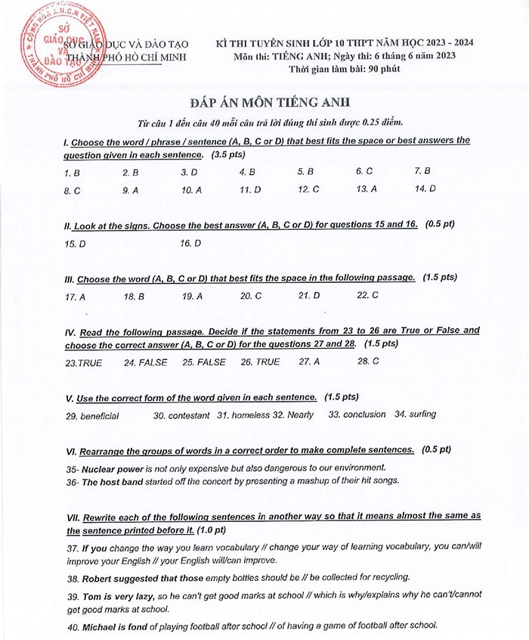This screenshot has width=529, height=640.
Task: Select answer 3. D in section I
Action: [x=189, y=172]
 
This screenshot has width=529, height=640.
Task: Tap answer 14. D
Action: [x=425, y=189]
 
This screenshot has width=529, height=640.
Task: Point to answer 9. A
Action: [x=131, y=191]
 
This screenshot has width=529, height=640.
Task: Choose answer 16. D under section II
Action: [x=190, y=244]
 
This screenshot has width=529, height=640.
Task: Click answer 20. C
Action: [x=251, y=296]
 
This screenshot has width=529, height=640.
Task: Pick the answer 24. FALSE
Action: [x=146, y=362]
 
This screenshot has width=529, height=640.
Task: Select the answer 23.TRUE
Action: [x=84, y=363]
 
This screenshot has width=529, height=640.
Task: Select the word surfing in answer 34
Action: [x=422, y=414]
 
